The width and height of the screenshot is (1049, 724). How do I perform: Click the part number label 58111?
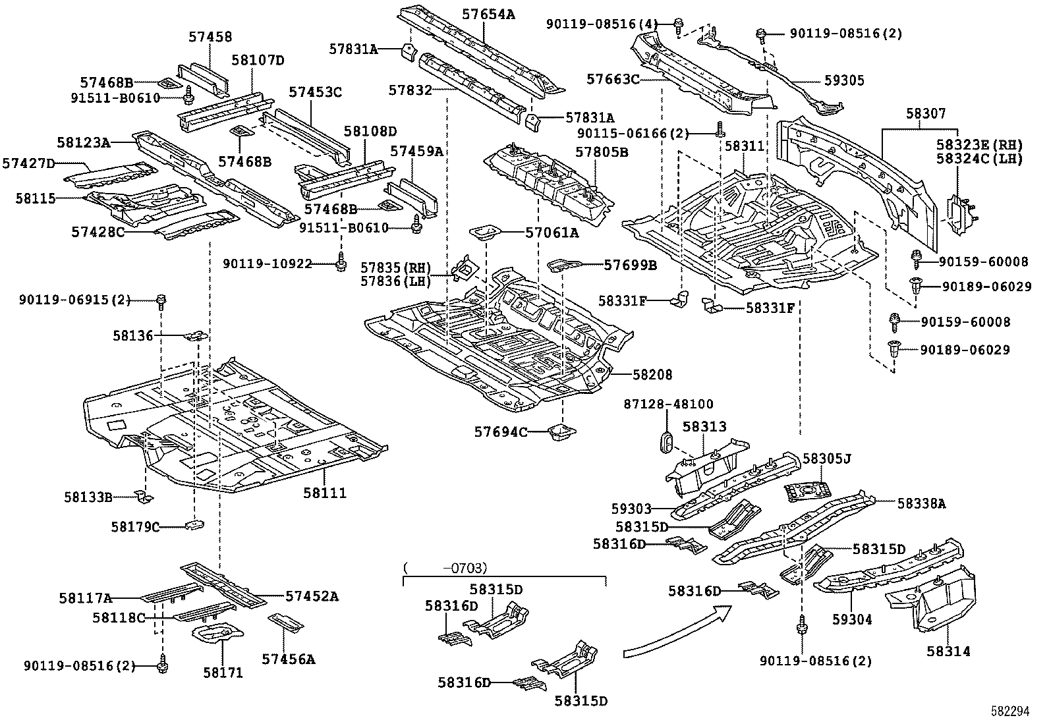click(x=325, y=493)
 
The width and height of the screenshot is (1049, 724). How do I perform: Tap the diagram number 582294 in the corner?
click(x=1010, y=712)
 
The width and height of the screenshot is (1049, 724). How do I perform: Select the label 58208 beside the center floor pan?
click(x=652, y=375)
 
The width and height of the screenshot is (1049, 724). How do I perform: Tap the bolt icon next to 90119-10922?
click(x=341, y=263)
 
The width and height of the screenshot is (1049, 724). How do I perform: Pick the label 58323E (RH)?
click(x=979, y=144)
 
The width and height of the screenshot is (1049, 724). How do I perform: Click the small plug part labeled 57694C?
click(x=561, y=433)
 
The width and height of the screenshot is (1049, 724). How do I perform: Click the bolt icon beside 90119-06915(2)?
click(x=161, y=302)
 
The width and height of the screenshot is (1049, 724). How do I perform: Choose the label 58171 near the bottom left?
click(x=223, y=673)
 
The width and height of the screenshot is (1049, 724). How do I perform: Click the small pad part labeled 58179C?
click(x=194, y=525)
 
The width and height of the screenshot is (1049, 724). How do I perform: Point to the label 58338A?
click(x=921, y=503)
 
